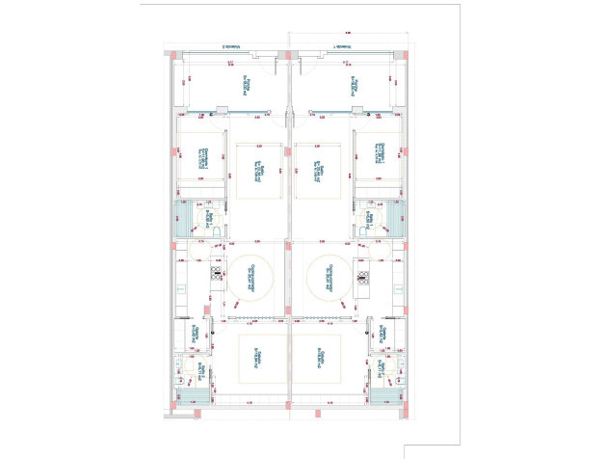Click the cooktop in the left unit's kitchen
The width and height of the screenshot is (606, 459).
click(x=217, y=278)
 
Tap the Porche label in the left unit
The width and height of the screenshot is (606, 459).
click(x=245, y=86)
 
